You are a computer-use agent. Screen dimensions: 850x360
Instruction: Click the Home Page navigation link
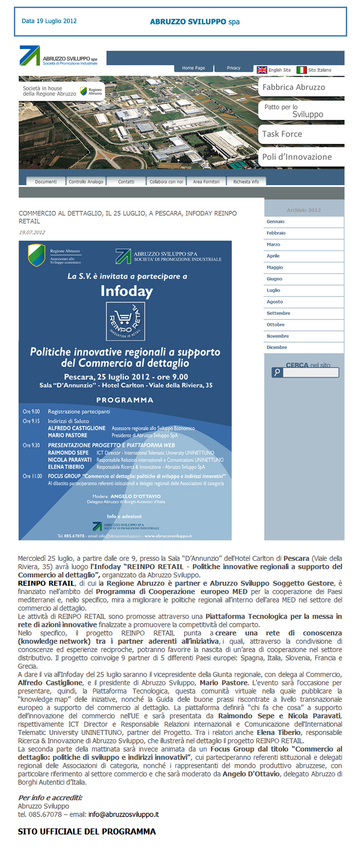193,68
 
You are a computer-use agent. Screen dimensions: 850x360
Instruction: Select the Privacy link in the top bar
233,68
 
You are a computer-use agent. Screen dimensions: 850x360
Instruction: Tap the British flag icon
262,70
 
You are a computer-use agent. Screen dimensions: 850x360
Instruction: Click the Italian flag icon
301,70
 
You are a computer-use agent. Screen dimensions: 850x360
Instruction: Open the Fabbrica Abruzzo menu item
294,87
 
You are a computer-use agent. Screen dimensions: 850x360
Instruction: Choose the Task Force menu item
282,134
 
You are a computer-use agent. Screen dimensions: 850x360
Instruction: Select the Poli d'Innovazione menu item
297,157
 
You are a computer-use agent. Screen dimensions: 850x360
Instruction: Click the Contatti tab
126,182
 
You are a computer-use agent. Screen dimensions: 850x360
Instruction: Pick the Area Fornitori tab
206,182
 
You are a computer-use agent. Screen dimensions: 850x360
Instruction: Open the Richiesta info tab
246,182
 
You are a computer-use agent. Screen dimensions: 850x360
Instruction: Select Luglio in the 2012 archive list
274,290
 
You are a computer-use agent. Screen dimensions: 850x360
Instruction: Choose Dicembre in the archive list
277,347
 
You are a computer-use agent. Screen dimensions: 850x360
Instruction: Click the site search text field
311,373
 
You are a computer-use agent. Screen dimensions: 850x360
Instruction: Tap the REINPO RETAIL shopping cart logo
125,321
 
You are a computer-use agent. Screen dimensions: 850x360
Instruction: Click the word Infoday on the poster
127,292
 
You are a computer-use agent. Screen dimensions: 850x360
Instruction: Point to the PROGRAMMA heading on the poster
124,400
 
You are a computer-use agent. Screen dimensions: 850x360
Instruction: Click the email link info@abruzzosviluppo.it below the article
123,814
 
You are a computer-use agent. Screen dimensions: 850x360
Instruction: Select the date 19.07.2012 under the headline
32,233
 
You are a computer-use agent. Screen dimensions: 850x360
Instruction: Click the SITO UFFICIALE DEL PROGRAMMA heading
87,831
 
